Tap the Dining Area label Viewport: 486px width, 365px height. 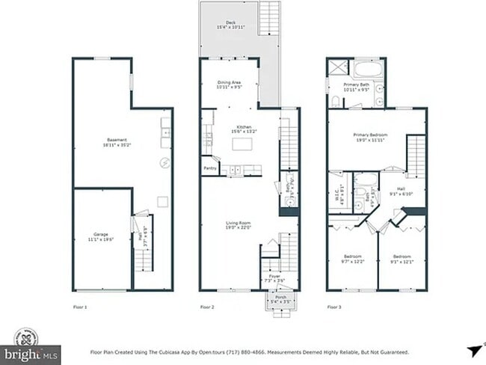229,85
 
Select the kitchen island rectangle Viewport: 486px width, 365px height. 241,144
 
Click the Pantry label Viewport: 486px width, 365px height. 209,169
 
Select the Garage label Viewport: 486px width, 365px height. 101,236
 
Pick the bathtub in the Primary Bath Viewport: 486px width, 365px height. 368,70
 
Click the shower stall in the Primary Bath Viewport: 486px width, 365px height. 337,68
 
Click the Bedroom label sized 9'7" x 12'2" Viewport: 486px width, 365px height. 352,258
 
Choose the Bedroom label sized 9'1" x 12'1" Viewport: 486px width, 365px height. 402,258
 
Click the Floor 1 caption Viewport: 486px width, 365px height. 80,307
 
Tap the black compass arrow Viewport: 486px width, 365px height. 473,349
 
